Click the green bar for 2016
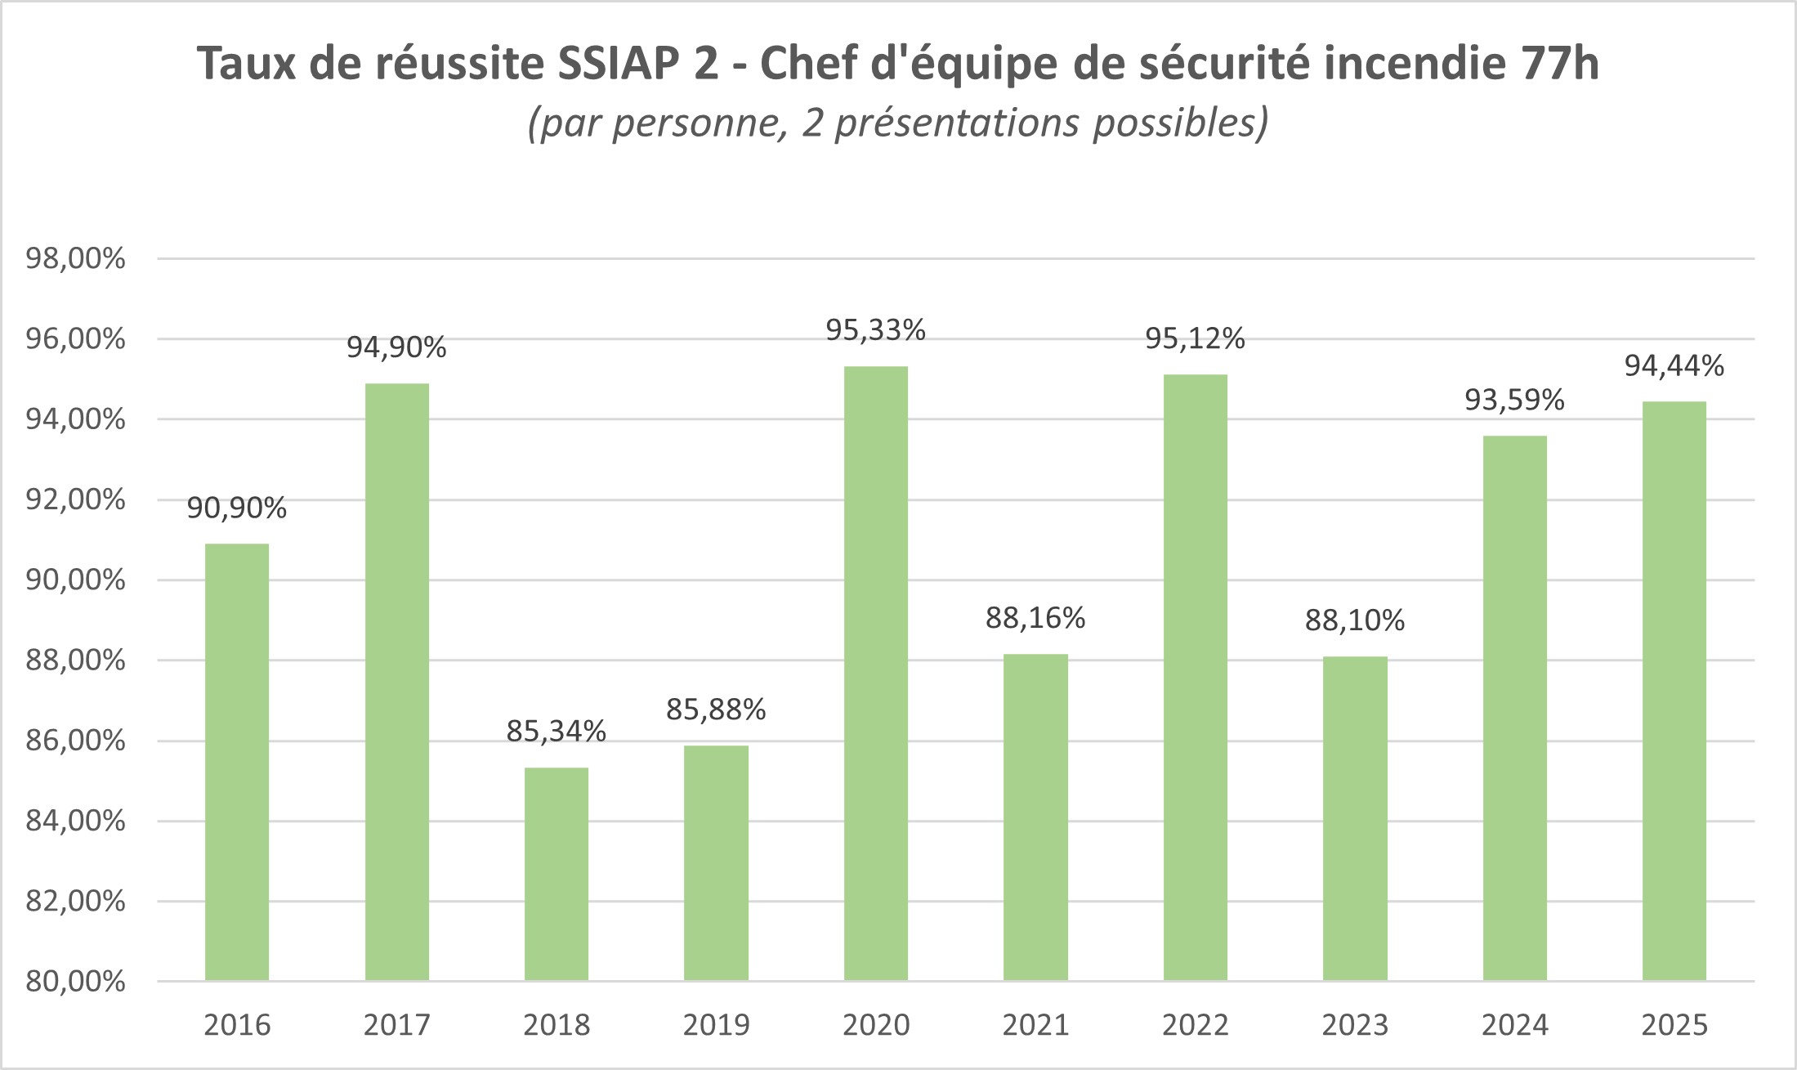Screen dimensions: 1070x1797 pyautogui.click(x=237, y=762)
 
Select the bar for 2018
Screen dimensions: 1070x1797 pyautogui.click(x=557, y=874)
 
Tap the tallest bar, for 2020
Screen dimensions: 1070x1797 pyautogui.click(x=876, y=674)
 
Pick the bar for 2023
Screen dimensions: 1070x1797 pyautogui.click(x=1355, y=818)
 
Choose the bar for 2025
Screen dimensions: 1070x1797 pyautogui.click(x=1674, y=691)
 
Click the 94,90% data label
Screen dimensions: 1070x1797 pyautogui.click(x=396, y=348)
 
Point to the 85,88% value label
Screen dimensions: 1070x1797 pyautogui.click(x=716, y=710)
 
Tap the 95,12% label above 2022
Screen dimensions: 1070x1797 pyautogui.click(x=1195, y=338)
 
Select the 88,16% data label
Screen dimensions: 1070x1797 pyautogui.click(x=1035, y=619)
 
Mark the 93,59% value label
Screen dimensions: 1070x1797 pyautogui.click(x=1514, y=401)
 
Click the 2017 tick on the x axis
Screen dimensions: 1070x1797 pyautogui.click(x=396, y=1025)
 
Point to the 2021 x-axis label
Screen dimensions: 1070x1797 pyautogui.click(x=1035, y=1025)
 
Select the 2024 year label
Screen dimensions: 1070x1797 pyautogui.click(x=1514, y=1025)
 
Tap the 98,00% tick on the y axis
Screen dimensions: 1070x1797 pyautogui.click(x=76, y=259)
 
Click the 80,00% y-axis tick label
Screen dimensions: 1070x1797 pyautogui.click(x=76, y=982)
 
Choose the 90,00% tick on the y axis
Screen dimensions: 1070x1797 pyautogui.click(x=76, y=580)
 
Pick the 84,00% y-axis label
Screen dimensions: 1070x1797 pyautogui.click(x=76, y=822)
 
